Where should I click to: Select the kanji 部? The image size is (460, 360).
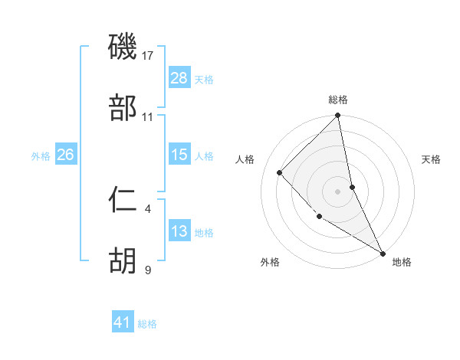coord(123,109)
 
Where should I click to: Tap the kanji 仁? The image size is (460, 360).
coord(123,200)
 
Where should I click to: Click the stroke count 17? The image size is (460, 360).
coord(149,56)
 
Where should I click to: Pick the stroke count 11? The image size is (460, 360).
coord(148,117)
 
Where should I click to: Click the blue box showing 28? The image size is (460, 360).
coord(179,78)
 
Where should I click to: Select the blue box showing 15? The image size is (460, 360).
coord(179,155)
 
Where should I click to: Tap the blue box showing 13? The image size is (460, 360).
coord(179,231)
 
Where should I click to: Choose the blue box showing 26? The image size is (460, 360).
coord(65,155)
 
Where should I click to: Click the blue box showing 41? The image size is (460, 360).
coord(123,322)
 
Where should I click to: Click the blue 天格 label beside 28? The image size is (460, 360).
coord(204,80)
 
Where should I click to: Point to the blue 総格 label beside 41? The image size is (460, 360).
coord(147,324)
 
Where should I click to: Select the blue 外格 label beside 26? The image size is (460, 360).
coord(41,156)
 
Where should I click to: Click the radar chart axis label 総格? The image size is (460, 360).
coord(338,100)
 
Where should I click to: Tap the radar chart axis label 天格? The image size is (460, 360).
coord(432,159)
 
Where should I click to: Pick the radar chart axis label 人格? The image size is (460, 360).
coord(245,159)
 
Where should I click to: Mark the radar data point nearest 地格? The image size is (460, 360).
coord(383,254)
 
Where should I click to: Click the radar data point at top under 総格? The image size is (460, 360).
coord(338,116)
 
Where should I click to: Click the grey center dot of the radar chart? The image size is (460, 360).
coord(338,191)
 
